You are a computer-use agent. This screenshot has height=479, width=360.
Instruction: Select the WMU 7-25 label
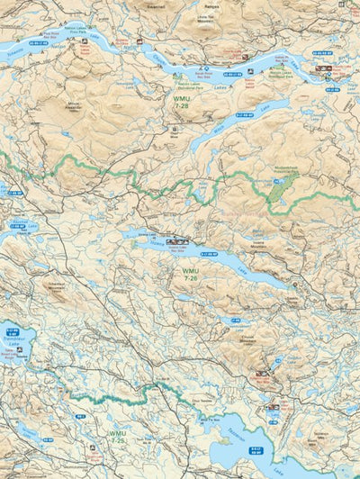pyautogui.click(x=118, y=437)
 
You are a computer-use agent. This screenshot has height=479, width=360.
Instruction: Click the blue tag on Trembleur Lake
pyautogui.click(x=11, y=331)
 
